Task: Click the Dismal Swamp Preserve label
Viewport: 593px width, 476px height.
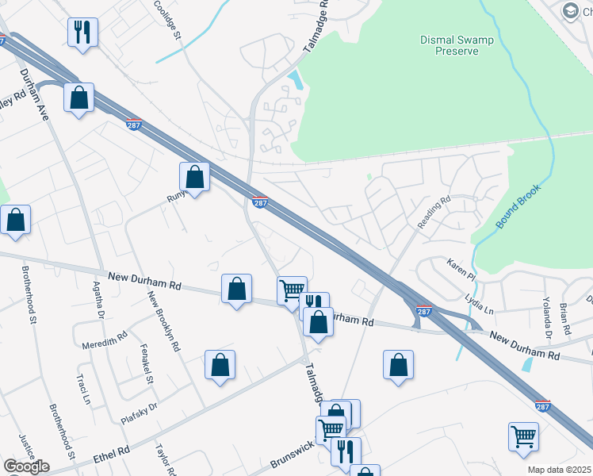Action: click(447, 45)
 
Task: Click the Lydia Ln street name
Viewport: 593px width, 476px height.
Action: click(479, 305)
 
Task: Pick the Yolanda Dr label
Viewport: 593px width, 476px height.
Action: click(547, 311)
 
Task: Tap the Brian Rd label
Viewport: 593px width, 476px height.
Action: click(565, 317)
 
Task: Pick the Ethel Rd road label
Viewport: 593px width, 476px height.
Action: click(110, 455)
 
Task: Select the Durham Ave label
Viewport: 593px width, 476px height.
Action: click(35, 93)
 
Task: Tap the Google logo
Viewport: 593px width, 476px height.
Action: click(26, 466)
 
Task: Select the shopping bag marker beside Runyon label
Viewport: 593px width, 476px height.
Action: click(195, 177)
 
